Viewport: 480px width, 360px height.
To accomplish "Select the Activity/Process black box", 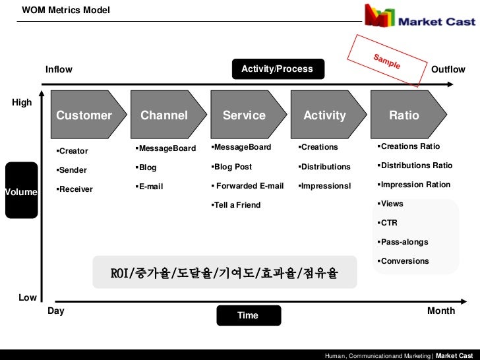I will click(277, 69).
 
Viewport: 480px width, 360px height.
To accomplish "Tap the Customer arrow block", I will click(85, 115).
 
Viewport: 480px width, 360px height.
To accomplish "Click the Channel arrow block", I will click(165, 115).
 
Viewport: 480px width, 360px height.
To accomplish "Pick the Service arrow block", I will click(245, 115).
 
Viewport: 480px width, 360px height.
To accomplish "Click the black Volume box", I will click(21, 191).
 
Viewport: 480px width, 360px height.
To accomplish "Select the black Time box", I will click(248, 315).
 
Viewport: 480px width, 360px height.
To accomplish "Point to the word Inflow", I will click(59, 69).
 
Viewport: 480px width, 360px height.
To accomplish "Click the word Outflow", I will click(448, 69).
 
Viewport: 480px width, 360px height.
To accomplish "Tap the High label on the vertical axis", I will click(22, 102).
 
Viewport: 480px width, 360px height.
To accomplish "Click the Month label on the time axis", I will click(441, 311).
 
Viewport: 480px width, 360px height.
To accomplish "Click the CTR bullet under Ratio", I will click(388, 223).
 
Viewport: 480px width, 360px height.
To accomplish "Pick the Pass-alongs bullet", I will click(404, 242).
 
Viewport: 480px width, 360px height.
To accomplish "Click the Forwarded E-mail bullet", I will click(248, 186).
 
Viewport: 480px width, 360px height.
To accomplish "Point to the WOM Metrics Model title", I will click(65, 10).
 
